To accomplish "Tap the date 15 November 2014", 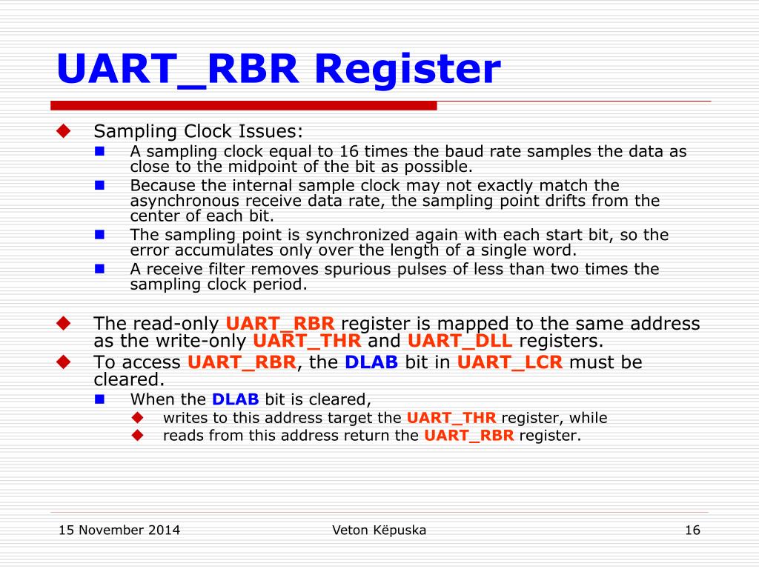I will [119, 530].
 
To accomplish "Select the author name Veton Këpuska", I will [379, 530].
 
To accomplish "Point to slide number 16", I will [692, 530].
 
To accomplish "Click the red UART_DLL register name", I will [460, 341].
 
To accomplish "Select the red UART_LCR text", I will [510, 362].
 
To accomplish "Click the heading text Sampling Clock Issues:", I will [198, 131].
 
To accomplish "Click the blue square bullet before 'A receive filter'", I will [100, 268].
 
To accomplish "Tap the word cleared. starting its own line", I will [128, 379].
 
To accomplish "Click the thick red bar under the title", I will [244, 105].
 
